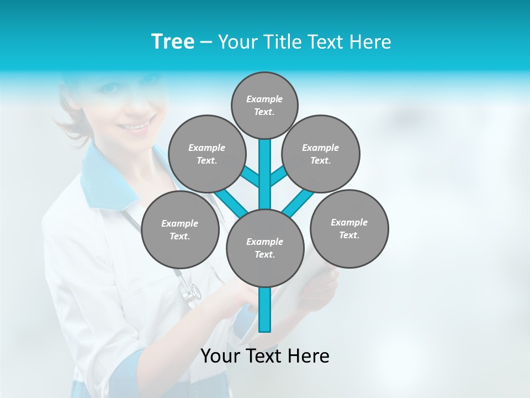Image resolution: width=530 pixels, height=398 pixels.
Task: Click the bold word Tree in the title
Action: point(173,41)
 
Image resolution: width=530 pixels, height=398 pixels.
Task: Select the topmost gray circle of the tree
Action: point(264,105)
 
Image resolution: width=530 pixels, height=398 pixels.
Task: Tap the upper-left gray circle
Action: point(206,154)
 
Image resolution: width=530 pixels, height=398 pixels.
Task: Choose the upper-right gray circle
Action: point(321,154)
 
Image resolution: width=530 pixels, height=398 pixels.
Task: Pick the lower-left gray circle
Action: point(179,229)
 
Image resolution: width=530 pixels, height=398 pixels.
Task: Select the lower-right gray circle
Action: point(349,228)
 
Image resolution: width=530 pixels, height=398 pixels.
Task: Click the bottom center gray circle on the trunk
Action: point(265,248)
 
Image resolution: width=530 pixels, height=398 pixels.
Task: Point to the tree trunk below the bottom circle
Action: point(265,310)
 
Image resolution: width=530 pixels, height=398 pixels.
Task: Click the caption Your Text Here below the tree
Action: point(264,356)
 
